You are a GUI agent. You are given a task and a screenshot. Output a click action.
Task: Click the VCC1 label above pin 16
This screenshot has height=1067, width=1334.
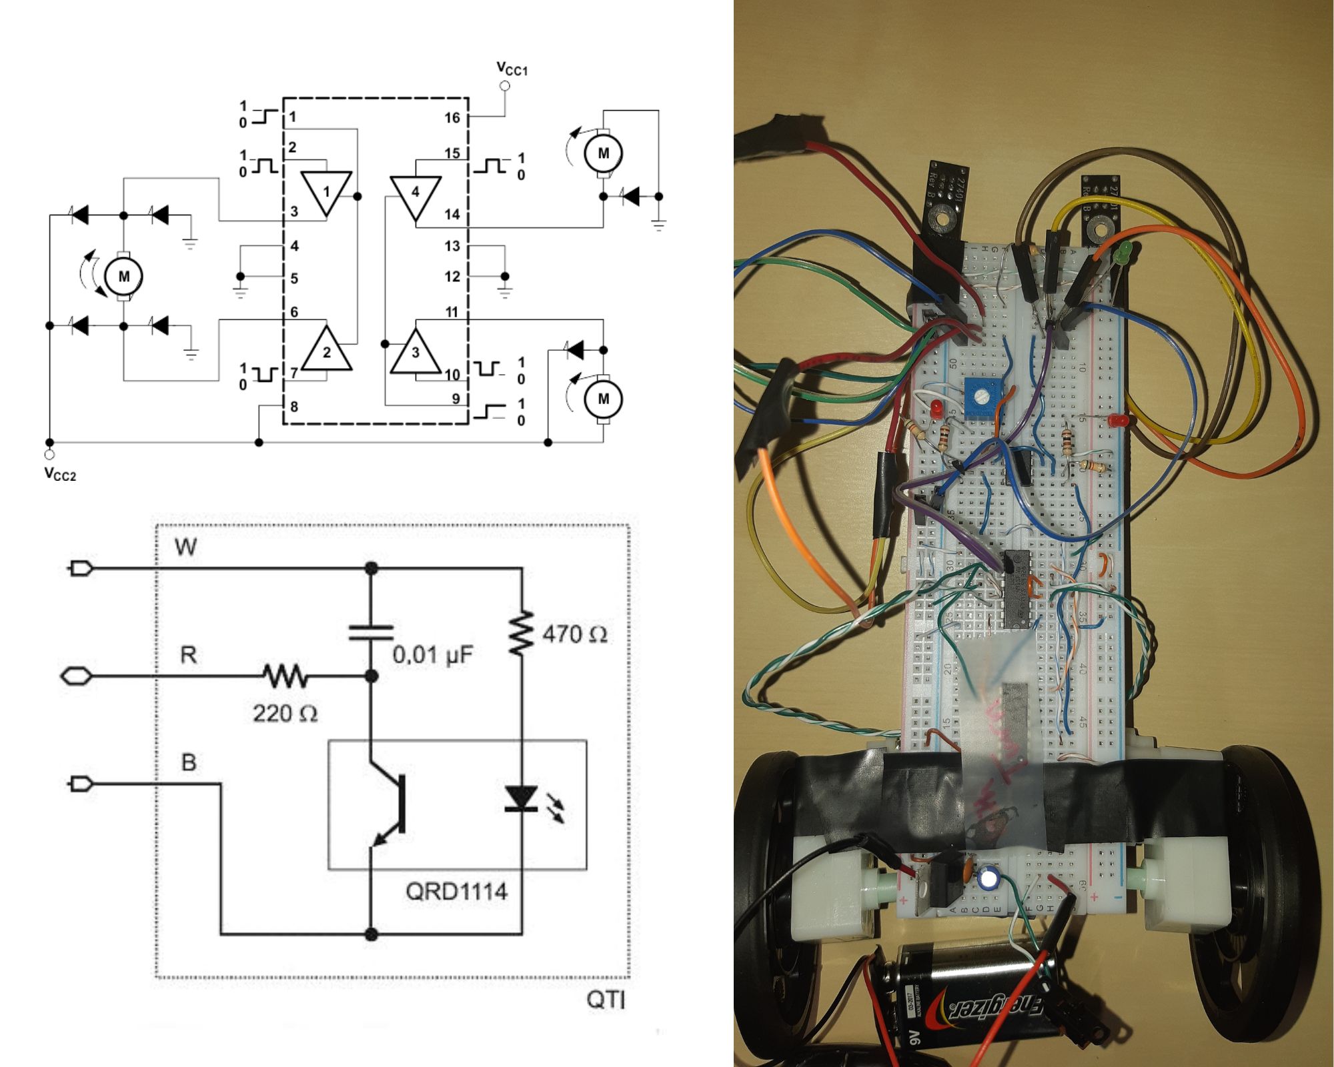(x=512, y=68)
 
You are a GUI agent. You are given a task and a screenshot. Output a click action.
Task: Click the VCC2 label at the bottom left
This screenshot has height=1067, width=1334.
(x=60, y=473)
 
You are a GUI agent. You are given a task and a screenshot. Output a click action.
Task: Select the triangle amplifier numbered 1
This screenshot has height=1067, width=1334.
(x=326, y=192)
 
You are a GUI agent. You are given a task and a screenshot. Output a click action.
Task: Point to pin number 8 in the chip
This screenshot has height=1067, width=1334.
(x=294, y=406)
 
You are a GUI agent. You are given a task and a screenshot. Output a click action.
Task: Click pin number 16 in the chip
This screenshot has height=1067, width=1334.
(x=452, y=118)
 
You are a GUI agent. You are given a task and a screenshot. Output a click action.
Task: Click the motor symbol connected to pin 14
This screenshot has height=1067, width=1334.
(x=603, y=153)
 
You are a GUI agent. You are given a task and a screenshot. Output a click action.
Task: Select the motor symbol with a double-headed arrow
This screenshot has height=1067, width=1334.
(x=123, y=276)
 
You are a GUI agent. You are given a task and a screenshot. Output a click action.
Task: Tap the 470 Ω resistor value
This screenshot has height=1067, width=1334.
(x=574, y=634)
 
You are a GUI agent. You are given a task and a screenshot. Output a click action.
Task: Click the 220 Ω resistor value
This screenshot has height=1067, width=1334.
(x=285, y=714)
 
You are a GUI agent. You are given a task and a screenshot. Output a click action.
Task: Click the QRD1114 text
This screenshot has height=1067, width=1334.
(x=456, y=891)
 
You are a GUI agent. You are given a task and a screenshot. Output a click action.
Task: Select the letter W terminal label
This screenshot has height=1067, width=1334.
(x=185, y=548)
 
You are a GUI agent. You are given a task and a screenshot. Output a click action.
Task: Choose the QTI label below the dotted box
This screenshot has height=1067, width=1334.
(x=606, y=1000)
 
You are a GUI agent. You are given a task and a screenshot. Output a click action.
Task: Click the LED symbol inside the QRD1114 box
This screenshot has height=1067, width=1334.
(x=522, y=798)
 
